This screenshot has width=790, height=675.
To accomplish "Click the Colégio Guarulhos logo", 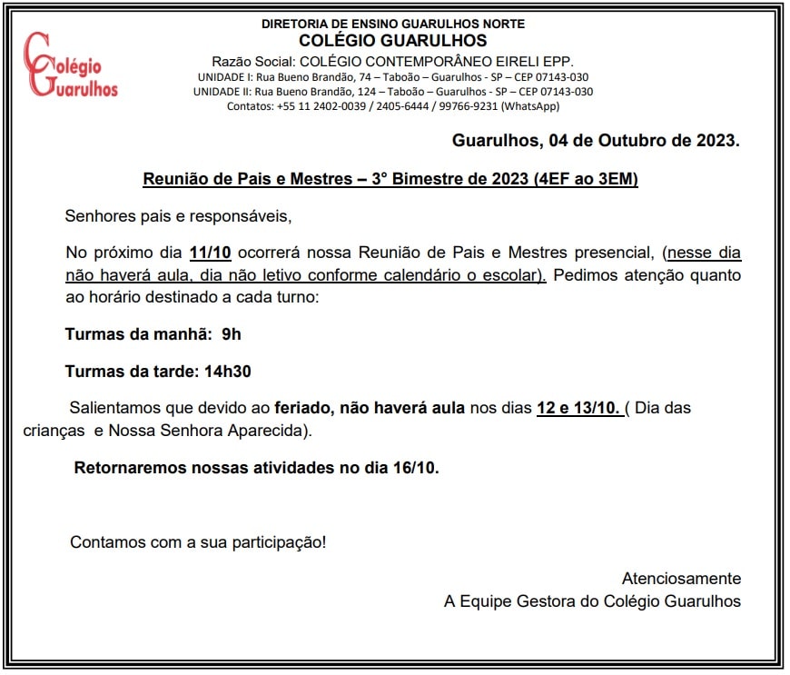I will (x=71, y=65).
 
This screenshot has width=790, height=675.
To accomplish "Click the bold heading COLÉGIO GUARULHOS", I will (x=392, y=41).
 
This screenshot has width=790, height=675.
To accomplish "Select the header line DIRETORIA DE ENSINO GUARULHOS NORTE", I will (x=392, y=24).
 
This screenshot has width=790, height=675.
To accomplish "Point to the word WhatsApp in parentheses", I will (x=530, y=106).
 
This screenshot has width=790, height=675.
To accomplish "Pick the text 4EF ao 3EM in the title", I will (x=587, y=179).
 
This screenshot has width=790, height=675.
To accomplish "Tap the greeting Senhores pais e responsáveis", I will (x=179, y=216).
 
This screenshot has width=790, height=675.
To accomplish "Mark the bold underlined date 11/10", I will (x=211, y=253).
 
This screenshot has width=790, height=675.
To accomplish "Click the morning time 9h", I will (x=232, y=334).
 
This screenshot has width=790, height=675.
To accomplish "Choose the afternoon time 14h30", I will (x=228, y=371).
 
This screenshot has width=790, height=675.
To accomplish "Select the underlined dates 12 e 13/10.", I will (x=578, y=408).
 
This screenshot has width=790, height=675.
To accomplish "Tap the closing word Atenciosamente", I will (x=681, y=579).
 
